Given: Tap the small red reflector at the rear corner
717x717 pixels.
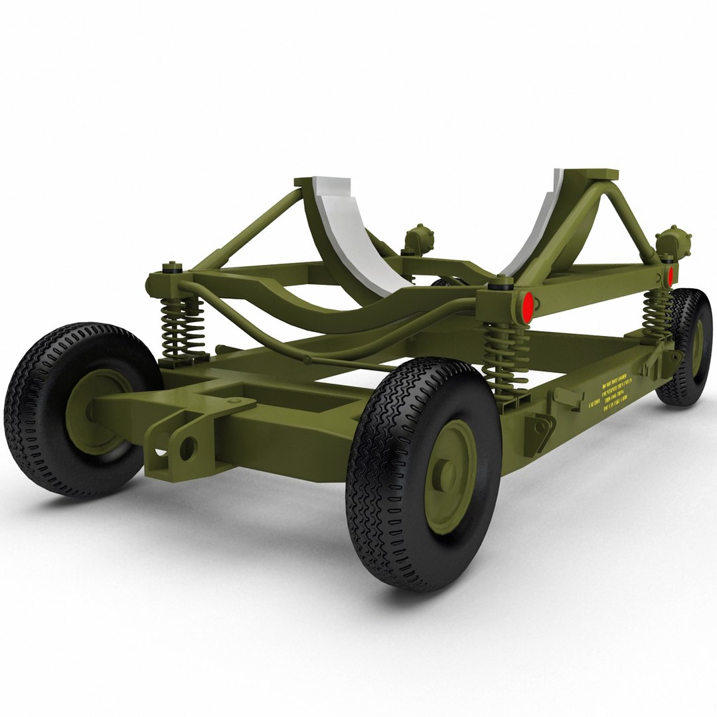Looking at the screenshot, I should [671, 276].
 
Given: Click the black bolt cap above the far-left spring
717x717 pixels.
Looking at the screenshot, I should [173, 268].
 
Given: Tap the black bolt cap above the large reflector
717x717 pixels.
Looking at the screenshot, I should [497, 283].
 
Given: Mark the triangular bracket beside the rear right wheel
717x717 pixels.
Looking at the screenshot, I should [673, 359].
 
